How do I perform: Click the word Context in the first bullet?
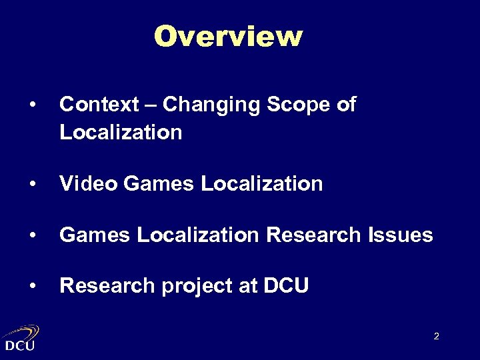pos(99,105)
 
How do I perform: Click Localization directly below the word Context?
pos(121,132)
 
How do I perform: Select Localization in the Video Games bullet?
pos(261,183)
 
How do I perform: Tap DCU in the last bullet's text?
pos(286,286)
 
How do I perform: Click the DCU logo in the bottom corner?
pos(21,337)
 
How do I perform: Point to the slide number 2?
pos(436,336)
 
